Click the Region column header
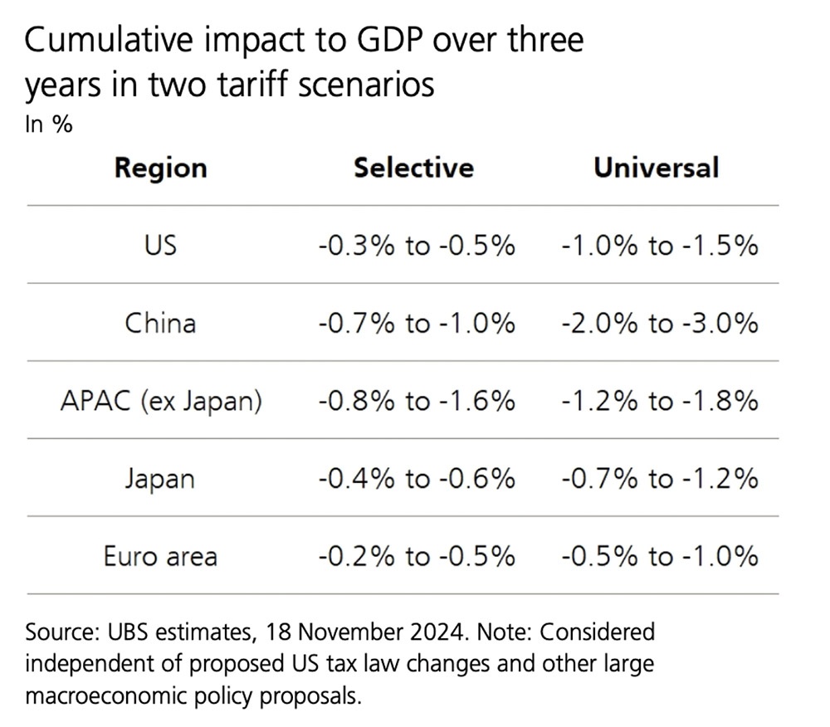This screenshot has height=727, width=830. (160, 168)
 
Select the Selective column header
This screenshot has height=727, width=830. (413, 168)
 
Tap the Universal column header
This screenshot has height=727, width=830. (656, 168)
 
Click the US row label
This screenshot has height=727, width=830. (160, 246)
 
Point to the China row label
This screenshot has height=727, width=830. (160, 323)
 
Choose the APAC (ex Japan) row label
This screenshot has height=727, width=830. (161, 401)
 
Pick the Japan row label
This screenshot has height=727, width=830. (160, 479)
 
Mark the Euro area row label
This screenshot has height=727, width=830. (160, 556)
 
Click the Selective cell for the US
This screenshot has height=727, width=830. (416, 246)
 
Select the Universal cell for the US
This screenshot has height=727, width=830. (660, 246)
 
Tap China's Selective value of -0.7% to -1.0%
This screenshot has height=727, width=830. (416, 323)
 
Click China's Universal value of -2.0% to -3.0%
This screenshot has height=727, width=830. (660, 323)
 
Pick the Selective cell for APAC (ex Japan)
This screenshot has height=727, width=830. (416, 401)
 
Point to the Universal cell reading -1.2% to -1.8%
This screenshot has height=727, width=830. (660, 401)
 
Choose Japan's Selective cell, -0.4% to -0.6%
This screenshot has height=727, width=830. (416, 479)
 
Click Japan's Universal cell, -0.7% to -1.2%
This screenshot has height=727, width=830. (660, 479)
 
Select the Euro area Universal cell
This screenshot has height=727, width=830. (660, 556)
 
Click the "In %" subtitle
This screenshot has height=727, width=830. (49, 125)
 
